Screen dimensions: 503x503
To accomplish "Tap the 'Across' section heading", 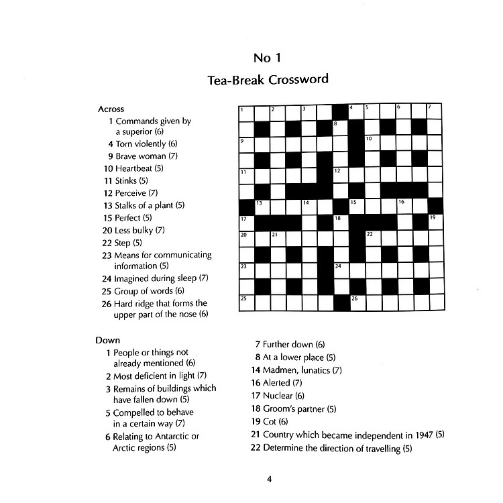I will coord(111,109).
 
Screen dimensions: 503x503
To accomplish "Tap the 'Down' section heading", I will coord(107,340).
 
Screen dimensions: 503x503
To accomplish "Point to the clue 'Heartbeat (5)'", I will coord(138,168).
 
